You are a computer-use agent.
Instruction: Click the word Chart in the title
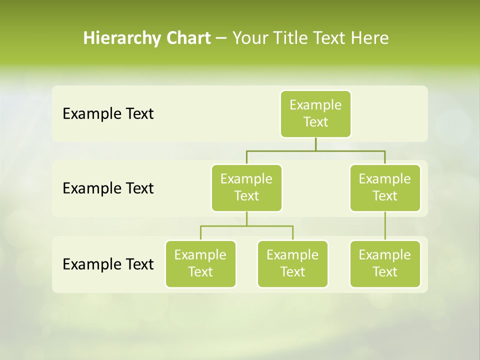[189, 38]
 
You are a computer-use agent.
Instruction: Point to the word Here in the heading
[369, 38]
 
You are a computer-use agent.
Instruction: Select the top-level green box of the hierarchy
[315, 114]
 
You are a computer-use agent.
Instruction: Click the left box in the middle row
[246, 187]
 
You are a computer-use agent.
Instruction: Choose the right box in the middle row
[385, 187]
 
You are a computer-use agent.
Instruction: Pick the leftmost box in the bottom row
[200, 263]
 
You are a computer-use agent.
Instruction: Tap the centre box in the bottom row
[292, 263]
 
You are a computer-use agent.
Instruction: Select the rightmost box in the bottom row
[385, 263]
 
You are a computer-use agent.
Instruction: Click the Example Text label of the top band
[108, 114]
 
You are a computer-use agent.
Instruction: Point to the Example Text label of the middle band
[108, 188]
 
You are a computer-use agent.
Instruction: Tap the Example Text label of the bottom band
[108, 264]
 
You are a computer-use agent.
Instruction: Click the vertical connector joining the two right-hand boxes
[385, 226]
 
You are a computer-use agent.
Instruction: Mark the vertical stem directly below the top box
[315, 144]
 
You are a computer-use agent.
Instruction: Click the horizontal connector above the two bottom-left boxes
[246, 226]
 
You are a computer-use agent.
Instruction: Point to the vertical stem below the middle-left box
[246, 218]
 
